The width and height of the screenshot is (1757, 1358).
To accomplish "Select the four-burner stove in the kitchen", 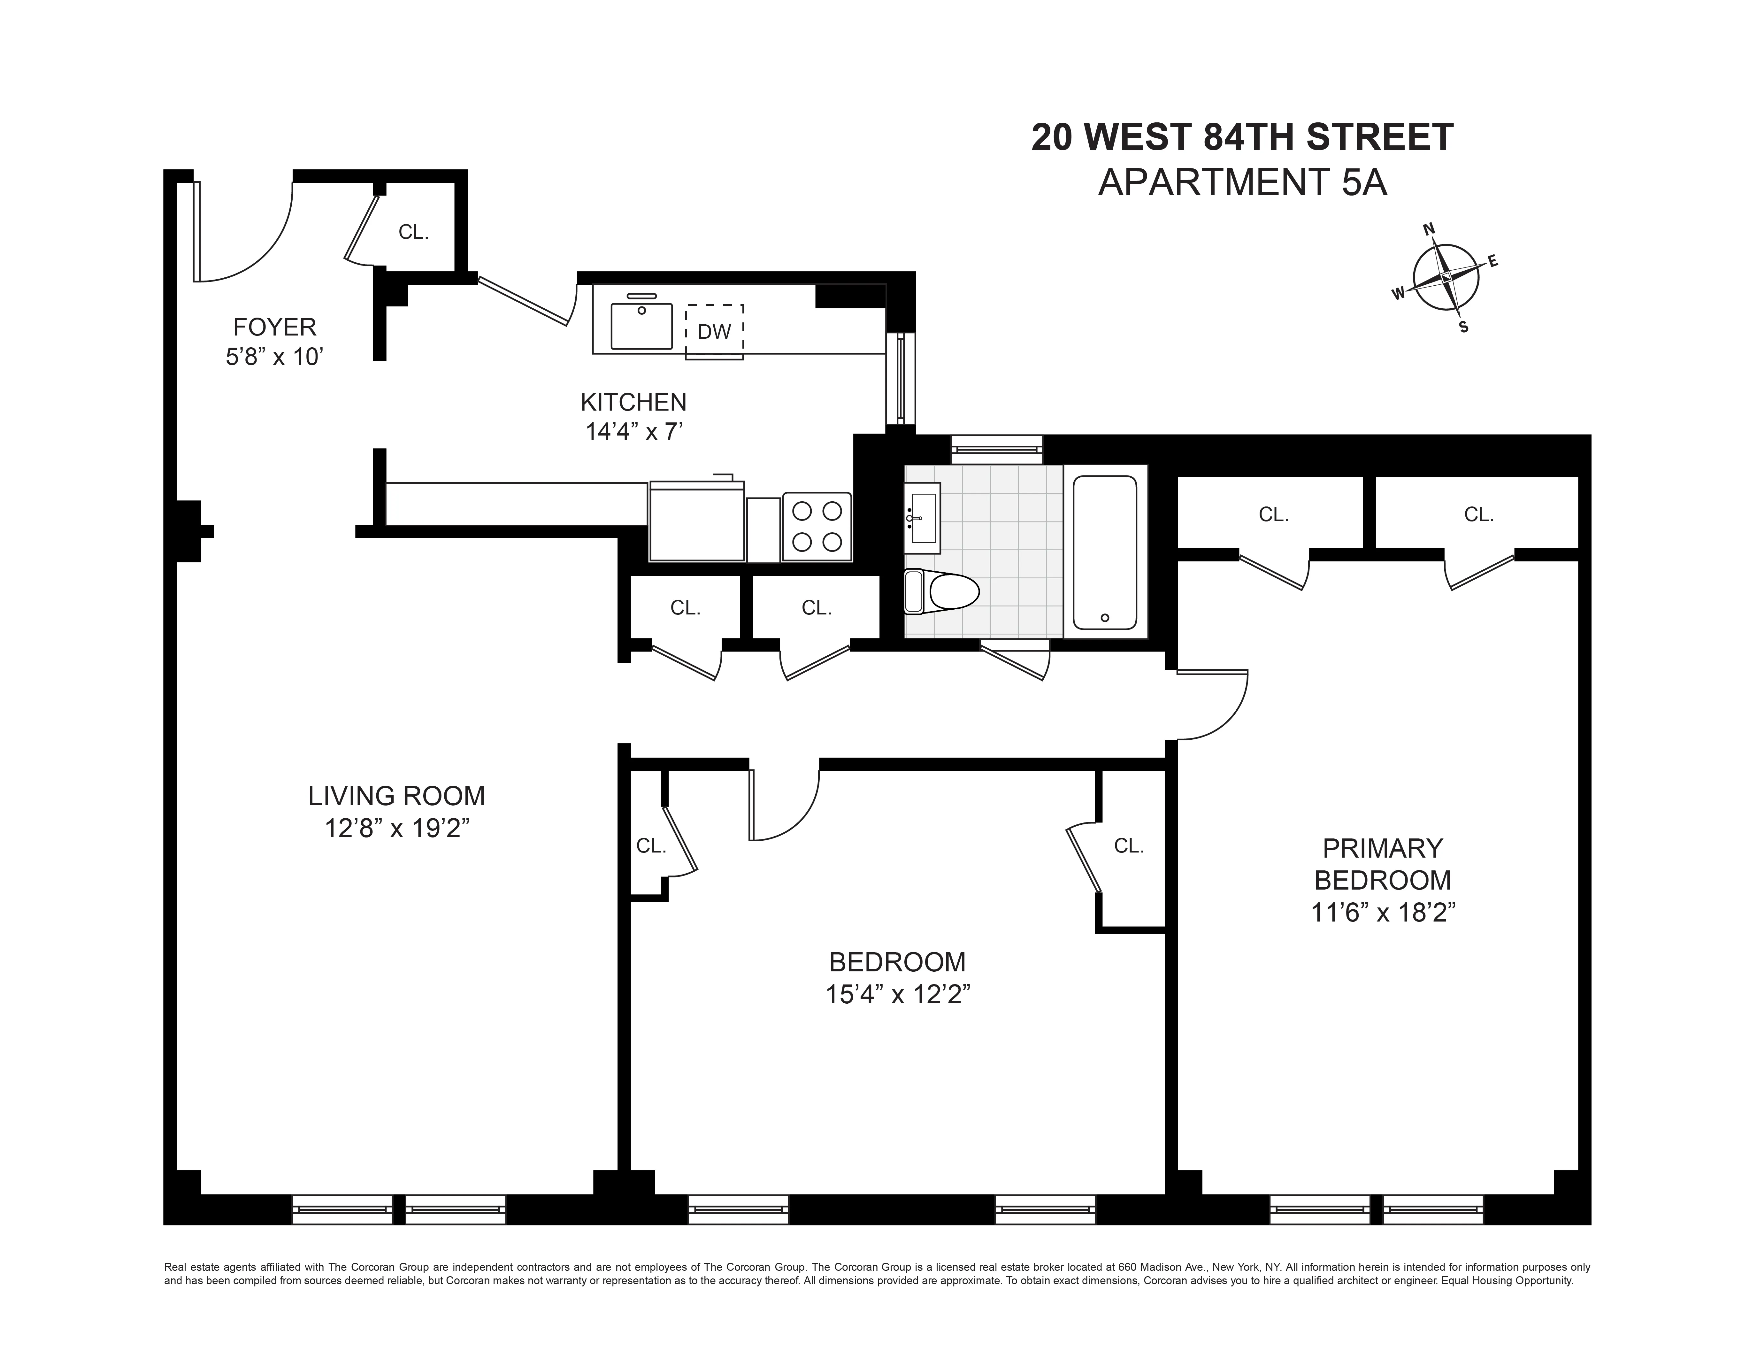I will [x=817, y=526].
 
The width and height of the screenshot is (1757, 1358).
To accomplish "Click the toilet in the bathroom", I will [x=941, y=592].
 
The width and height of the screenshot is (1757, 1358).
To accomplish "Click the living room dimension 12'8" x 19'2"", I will [x=397, y=828].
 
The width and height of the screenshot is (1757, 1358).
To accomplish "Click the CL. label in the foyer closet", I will [x=413, y=233].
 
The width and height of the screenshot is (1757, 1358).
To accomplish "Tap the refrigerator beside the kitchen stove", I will [x=697, y=521].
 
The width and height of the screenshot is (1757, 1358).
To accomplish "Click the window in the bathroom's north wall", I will [x=997, y=449].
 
